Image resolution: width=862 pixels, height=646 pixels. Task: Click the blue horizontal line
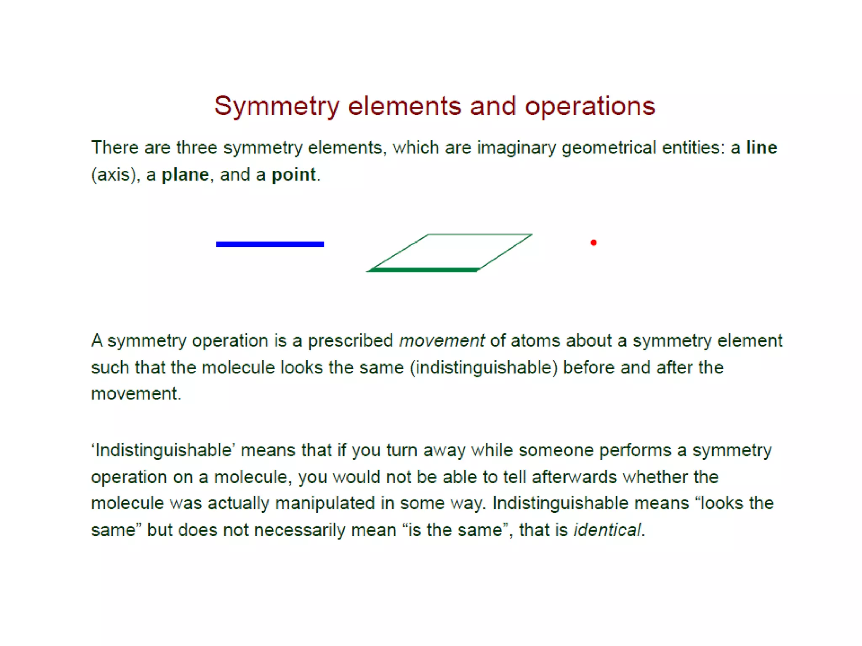270,244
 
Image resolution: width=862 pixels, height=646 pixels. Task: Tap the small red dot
593,243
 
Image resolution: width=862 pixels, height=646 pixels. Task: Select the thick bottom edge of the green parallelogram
423,270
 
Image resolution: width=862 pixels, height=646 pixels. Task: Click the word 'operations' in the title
590,106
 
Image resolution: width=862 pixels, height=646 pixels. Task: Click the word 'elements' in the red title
404,106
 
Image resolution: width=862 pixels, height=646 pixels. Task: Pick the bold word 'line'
761,148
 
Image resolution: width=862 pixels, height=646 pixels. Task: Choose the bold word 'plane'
185,175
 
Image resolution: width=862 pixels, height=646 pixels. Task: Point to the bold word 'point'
293,175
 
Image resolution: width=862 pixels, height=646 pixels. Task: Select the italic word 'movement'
442,341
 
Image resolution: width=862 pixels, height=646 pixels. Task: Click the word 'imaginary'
516,148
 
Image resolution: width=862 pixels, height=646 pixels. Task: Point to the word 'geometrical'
609,148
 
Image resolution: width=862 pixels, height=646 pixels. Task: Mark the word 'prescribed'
350,341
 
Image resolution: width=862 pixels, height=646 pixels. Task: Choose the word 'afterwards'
574,477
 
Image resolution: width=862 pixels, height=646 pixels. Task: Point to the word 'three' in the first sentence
197,148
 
